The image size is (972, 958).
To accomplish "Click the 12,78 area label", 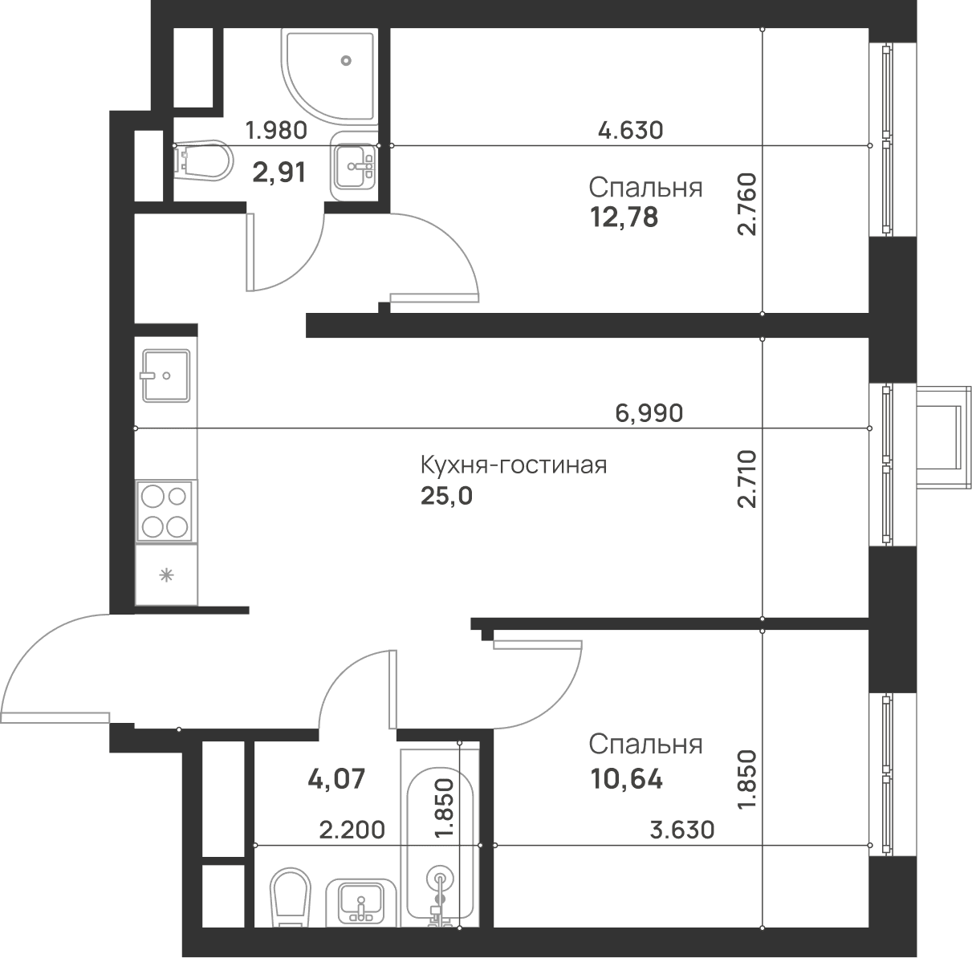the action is (624, 218).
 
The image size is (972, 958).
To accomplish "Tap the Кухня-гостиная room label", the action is (514, 465).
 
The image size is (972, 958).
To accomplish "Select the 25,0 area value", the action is (446, 497).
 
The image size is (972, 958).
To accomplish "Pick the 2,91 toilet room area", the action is (279, 173).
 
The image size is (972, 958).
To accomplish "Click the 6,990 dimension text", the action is (649, 413).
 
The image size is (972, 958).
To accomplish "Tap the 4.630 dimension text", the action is (630, 130).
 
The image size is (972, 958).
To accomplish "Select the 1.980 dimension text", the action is (276, 131).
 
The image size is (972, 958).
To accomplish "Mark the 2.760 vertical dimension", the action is (746, 204).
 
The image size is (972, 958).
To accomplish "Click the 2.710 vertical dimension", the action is (746, 479).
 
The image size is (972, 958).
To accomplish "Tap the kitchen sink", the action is (165, 375).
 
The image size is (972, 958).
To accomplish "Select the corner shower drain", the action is (345, 60).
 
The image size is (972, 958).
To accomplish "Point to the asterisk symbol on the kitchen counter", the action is (166, 574).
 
